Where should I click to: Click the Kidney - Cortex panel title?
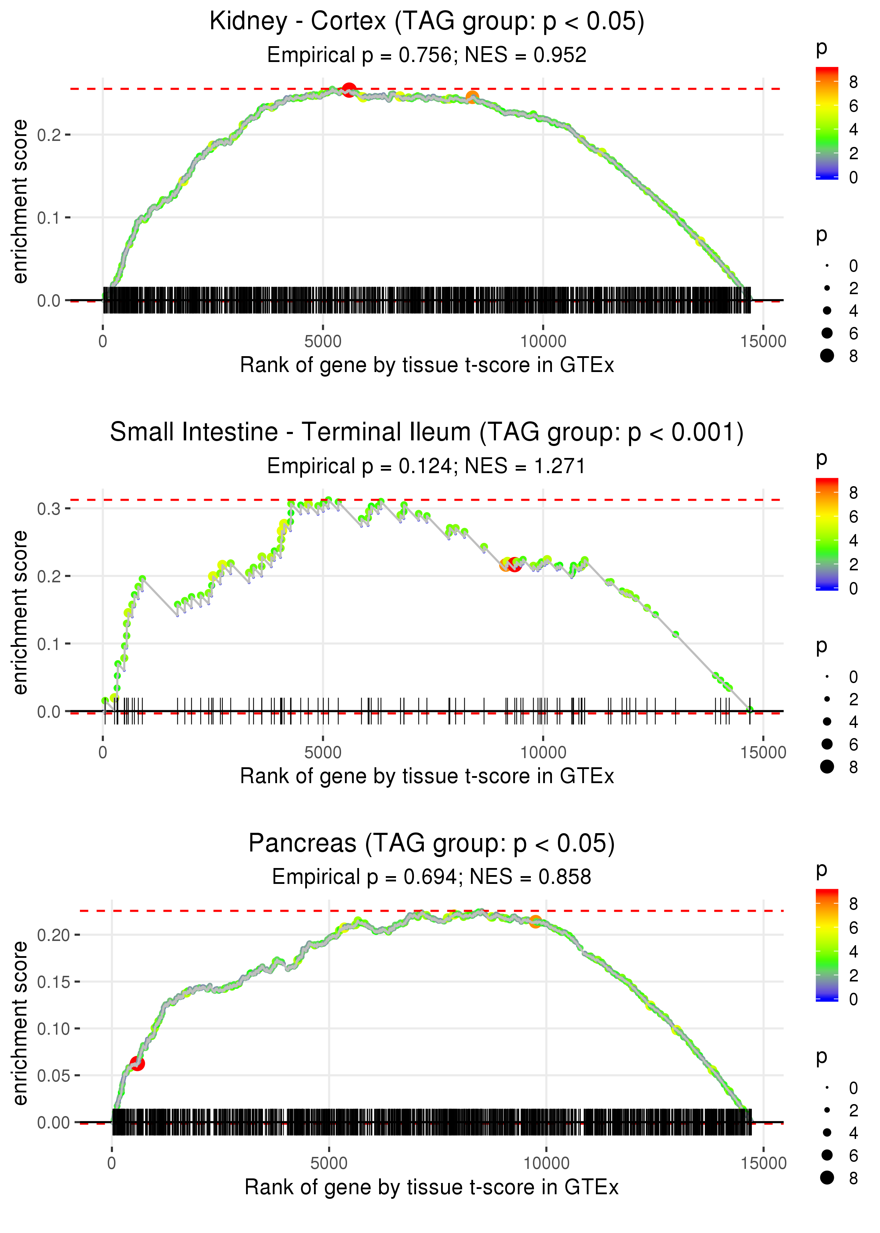pos(427,22)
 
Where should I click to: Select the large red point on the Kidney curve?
pos(349,90)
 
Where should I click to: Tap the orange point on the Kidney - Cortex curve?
pos(472,98)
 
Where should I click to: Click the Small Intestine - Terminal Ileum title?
pos(427,433)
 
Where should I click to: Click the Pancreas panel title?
pos(432,844)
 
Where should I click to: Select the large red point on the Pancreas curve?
pos(137,1063)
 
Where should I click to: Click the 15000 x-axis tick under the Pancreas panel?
pos(763,1163)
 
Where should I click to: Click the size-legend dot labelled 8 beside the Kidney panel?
pos(827,356)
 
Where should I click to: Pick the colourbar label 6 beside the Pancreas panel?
pos(854,928)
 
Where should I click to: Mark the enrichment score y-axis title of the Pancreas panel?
pos(20,1023)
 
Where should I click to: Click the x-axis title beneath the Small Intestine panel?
pos(427,776)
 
